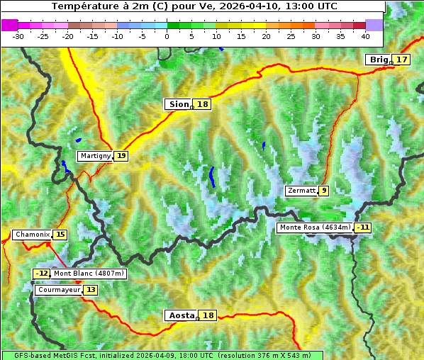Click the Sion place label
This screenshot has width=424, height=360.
(178, 104)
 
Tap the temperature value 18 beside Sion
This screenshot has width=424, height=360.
(203, 104)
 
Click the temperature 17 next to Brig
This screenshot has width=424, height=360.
(402, 60)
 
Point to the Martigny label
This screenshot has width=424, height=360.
(96, 156)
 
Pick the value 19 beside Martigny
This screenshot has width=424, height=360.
(121, 156)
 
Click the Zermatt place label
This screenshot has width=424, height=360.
(301, 191)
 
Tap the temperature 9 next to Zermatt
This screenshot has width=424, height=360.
(324, 191)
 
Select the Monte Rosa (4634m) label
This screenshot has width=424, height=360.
(315, 227)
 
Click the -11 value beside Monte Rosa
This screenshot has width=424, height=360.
(363, 227)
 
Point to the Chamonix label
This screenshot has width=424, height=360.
(33, 235)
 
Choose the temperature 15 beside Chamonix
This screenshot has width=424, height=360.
(60, 235)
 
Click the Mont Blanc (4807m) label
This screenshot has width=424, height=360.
(89, 274)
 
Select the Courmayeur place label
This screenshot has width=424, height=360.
(59, 290)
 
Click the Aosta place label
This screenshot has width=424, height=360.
(180, 315)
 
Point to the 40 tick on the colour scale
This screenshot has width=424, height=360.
(365, 35)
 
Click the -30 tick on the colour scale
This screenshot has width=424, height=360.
(18, 35)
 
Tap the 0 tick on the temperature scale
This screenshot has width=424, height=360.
(167, 35)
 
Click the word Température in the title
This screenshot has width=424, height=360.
(84, 6)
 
